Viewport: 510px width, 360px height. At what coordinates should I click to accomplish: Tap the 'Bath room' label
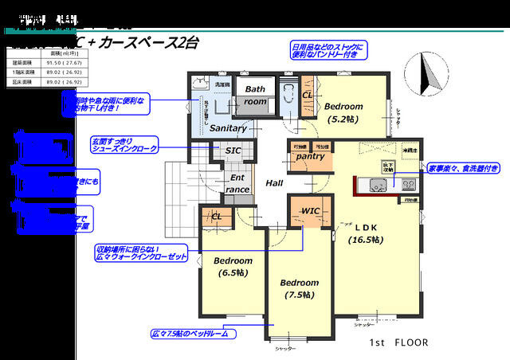click(x=256, y=95)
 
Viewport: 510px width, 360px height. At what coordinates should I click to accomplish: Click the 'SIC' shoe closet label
click(x=233, y=150)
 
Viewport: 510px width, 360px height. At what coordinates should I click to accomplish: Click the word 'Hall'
click(x=274, y=183)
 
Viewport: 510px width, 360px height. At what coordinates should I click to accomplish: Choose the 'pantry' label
click(x=310, y=157)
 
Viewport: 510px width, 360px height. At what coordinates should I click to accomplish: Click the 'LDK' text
click(x=366, y=225)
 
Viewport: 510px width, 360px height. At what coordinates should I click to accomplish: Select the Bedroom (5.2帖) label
click(x=343, y=112)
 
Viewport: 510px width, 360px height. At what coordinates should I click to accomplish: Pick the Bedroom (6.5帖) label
click(x=233, y=266)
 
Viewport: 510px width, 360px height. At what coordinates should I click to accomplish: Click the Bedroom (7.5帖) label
click(x=299, y=288)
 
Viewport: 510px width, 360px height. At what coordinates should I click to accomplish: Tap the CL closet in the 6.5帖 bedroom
click(x=216, y=215)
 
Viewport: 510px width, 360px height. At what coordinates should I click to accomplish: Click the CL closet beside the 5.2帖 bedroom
click(x=308, y=95)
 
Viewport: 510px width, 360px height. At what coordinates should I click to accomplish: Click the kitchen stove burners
click(x=408, y=184)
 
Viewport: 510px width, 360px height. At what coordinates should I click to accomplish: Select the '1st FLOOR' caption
click(x=398, y=342)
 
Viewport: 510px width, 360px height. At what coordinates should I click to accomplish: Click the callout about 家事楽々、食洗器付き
click(x=464, y=168)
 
